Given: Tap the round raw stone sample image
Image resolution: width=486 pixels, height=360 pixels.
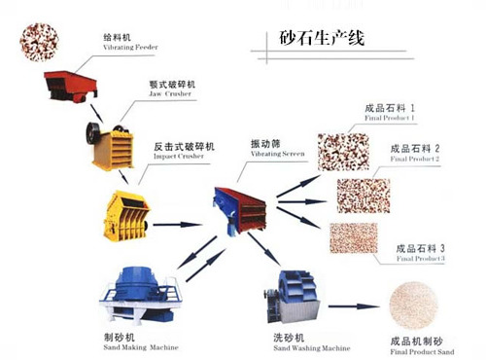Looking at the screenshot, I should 38,42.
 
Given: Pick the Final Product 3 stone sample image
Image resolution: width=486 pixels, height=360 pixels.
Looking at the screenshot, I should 354,238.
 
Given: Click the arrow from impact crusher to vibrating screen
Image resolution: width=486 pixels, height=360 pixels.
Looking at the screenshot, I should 178,224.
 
